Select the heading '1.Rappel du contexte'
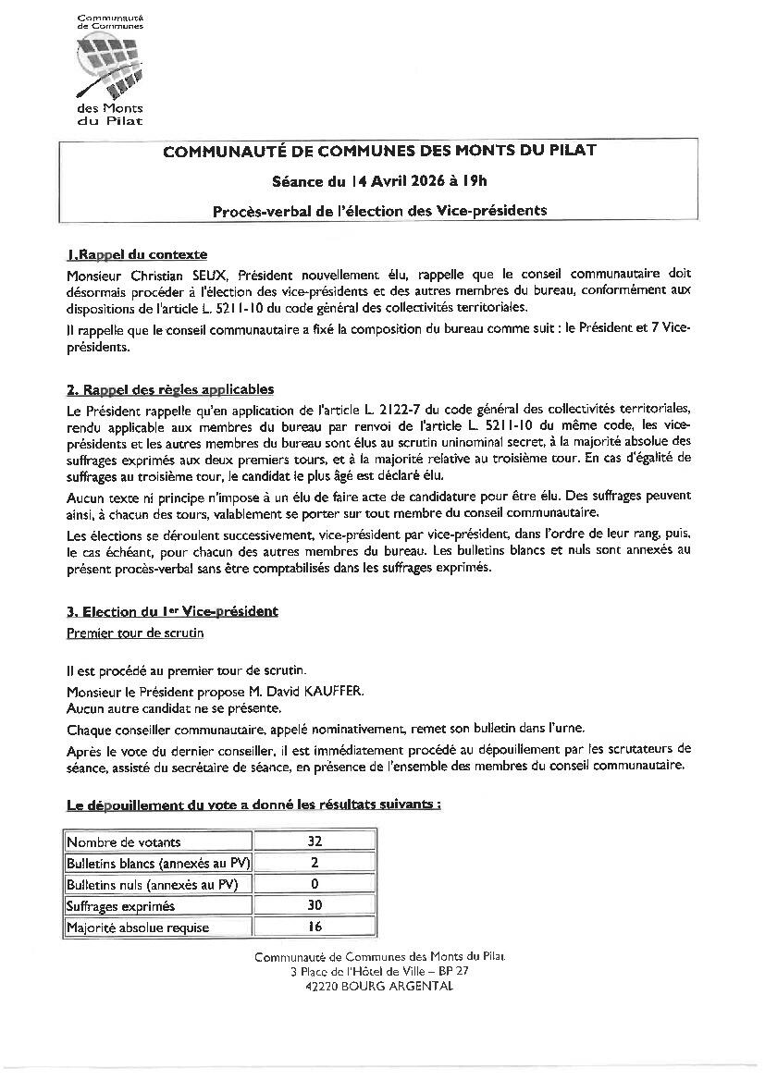(137, 254)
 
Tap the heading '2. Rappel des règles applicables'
(170, 389)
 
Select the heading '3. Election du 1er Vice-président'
(172, 611)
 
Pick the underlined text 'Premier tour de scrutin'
(135, 633)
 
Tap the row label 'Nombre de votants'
(124, 841)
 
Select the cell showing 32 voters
(314, 841)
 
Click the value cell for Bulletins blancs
(314, 863)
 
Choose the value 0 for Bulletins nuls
(314, 884)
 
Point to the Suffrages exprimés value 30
(314, 906)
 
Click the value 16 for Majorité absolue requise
(314, 927)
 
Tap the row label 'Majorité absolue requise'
(138, 927)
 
